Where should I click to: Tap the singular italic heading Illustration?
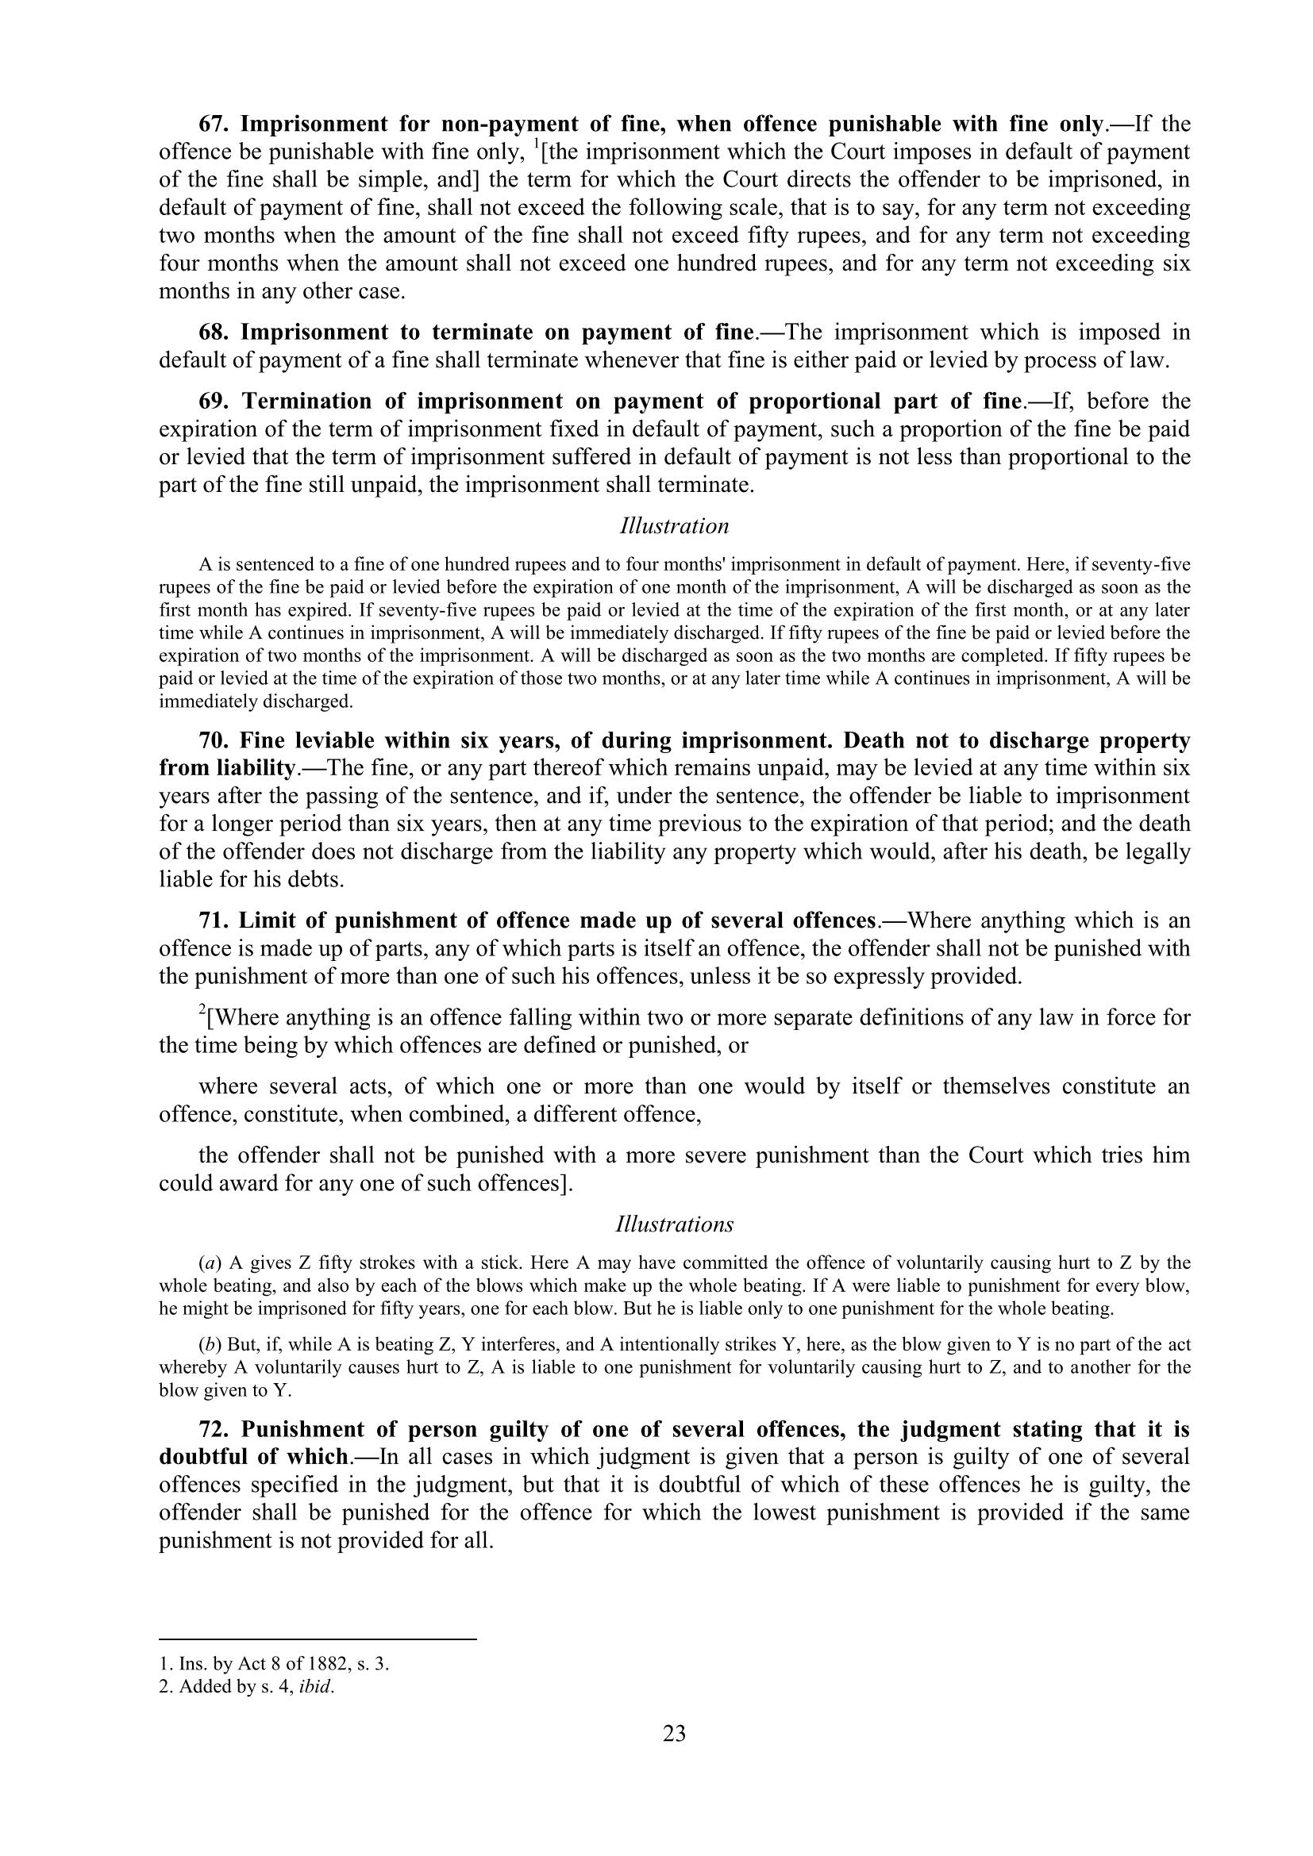pyautogui.click(x=674, y=526)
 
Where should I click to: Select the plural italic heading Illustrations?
pyautogui.click(x=674, y=1224)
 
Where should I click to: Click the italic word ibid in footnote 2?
pyautogui.click(x=315, y=1687)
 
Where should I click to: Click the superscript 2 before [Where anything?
pyautogui.click(x=202, y=1009)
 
